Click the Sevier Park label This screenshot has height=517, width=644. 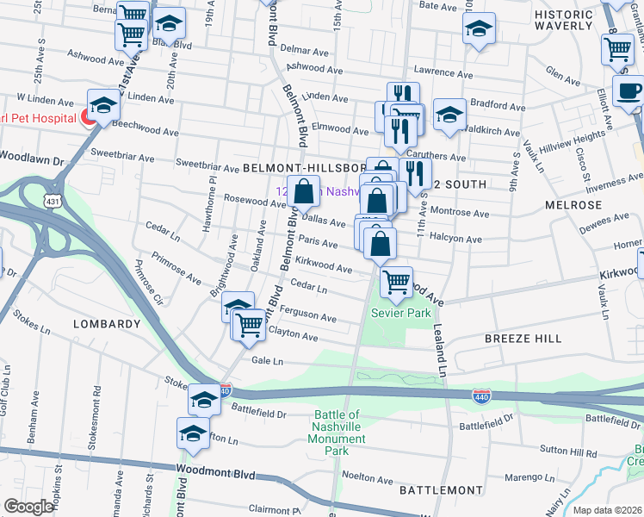click(400, 314)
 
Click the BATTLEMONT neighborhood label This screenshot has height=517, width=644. click(441, 489)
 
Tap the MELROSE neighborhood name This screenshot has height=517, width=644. click(573, 205)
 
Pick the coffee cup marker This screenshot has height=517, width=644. click(629, 91)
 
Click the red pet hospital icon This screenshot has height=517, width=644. click(87, 118)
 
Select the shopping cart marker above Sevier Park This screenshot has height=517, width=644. click(396, 282)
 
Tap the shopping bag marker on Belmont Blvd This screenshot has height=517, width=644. click(304, 191)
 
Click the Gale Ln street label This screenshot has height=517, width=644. click(266, 362)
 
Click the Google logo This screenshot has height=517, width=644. click(29, 507)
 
